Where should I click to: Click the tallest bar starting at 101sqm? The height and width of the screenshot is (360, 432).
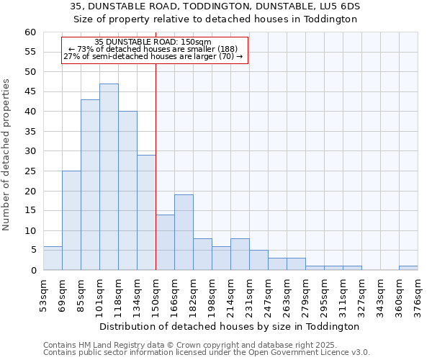tap(109, 177)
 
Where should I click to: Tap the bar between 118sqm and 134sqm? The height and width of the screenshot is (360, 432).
tap(127, 191)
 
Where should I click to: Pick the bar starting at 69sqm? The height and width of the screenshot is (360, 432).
tap(71, 220)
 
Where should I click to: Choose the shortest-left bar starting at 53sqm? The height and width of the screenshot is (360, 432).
tap(53, 258)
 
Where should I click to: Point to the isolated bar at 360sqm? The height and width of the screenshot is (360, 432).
tap(408, 268)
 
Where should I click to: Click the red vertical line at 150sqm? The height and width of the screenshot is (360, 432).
tap(156, 166)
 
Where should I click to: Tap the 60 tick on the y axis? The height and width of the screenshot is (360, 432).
tap(30, 32)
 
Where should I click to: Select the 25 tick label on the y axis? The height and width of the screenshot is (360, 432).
tap(30, 171)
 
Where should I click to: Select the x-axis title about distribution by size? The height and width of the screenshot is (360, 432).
tap(230, 326)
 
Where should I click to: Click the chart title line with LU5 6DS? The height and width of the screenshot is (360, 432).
tap(215, 6)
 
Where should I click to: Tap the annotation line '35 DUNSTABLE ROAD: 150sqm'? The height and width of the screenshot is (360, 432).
tap(153, 42)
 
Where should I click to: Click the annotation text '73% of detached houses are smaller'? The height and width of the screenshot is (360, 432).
tap(153, 49)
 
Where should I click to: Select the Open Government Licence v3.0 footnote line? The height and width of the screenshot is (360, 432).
tap(206, 352)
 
